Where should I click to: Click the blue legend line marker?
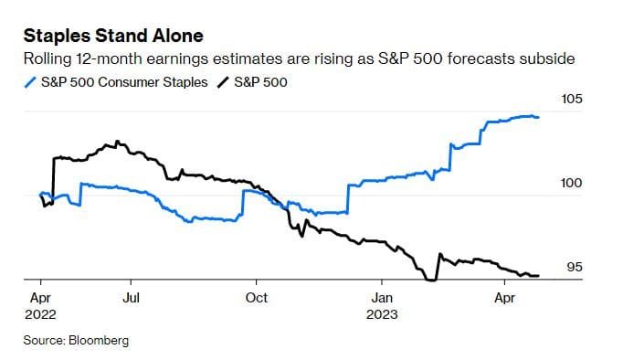[x=30, y=82]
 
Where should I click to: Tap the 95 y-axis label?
[x=575, y=268]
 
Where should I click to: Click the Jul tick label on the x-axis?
[x=132, y=297]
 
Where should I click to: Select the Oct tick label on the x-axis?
[x=257, y=297]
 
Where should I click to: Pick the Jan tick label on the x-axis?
[x=382, y=297]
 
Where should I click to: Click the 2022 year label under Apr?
[x=42, y=313]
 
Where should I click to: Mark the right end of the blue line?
[x=538, y=117]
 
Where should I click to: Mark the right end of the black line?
[x=538, y=275]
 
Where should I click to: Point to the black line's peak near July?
[x=116, y=142]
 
